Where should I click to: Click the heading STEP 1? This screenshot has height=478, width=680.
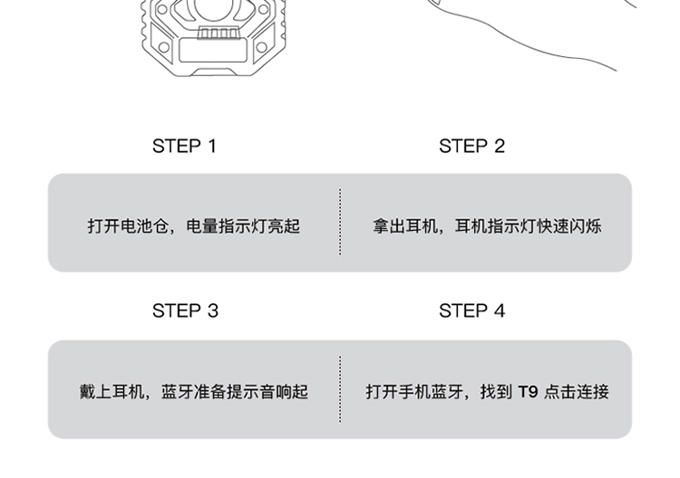coord(184,146)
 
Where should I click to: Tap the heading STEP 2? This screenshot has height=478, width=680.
coord(471,146)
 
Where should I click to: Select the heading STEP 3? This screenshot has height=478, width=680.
coord(185,311)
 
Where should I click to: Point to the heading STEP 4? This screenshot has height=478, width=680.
coord(471,311)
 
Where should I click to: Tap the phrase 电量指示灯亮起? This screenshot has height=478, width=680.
coord(243,225)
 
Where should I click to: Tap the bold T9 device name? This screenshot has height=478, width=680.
coord(528,391)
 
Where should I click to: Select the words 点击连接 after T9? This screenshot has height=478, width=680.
coord(577,391)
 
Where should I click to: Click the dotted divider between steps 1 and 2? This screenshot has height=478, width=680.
coord(340,222)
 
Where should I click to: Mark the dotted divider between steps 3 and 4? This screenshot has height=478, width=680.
coord(340,389)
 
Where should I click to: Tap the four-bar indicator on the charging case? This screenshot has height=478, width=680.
coord(217,33)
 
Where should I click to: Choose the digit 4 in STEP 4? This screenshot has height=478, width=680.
coord(500,311)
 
